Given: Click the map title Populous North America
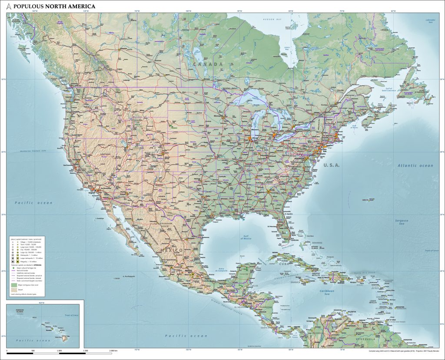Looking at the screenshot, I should tap(54, 7).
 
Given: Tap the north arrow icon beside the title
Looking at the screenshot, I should tap(9, 7).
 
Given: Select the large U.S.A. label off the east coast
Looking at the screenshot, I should tap(331, 165).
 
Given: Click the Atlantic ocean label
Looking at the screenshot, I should tap(415, 165).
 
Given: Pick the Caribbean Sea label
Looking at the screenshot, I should tap(326, 292).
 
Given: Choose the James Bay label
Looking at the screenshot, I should tap(286, 48).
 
